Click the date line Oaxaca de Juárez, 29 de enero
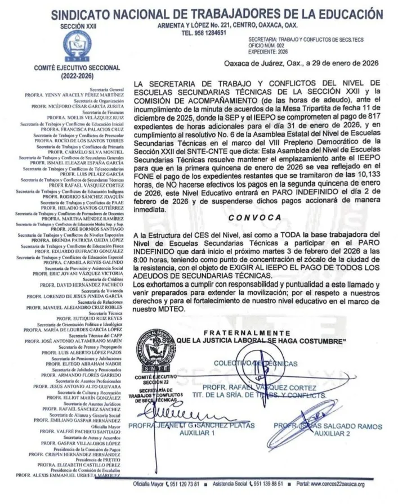[301, 64]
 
